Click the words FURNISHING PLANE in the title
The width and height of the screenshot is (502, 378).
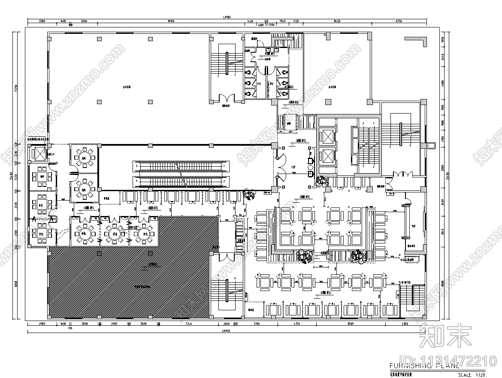point(424,366)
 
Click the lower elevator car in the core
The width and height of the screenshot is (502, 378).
point(327,156)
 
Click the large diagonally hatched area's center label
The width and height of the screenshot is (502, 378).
point(142,286)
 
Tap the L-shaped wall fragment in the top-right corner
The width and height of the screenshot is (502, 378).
point(418,40)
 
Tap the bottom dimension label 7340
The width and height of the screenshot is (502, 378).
point(187,324)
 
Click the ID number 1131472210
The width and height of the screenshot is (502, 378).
point(449,361)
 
